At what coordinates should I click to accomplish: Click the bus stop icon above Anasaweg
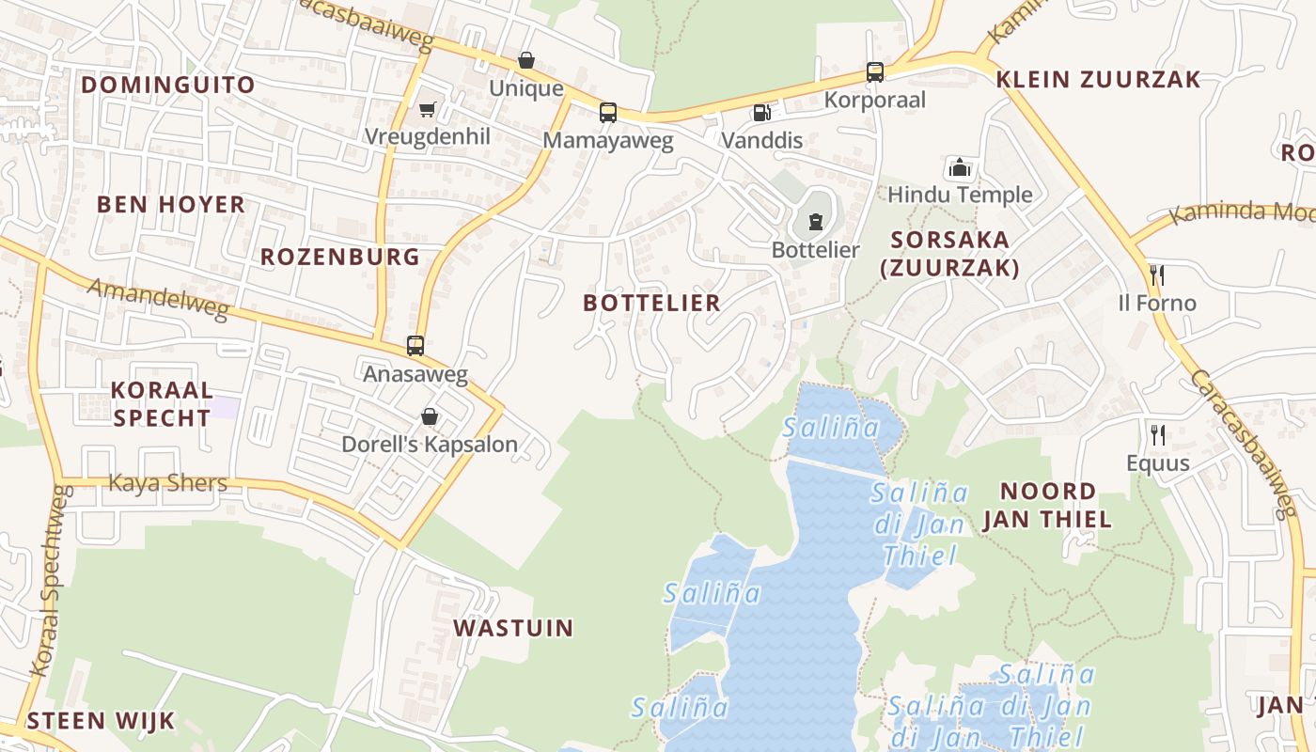(415, 345)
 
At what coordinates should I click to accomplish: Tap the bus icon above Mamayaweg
(608, 113)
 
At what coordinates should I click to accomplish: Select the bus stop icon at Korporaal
(875, 71)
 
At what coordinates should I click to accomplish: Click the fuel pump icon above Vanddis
(761, 113)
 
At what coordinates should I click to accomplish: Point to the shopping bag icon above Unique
(526, 60)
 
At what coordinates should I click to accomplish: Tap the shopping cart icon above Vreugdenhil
(428, 109)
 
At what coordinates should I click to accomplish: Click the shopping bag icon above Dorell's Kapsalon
(430, 415)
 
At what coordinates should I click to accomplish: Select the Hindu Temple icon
(960, 167)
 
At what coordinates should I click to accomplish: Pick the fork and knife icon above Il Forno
(1157, 274)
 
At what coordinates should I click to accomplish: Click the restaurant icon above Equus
(1158, 434)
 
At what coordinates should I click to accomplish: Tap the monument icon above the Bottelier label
(815, 223)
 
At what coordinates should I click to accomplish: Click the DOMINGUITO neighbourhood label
(167, 85)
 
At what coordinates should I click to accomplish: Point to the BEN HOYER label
(170, 204)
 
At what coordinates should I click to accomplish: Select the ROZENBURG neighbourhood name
(339, 257)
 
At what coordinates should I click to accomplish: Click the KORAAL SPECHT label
(162, 404)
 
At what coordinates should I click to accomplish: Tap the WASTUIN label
(513, 628)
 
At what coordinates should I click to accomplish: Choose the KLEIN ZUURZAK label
(1098, 79)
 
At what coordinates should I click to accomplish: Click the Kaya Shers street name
(168, 483)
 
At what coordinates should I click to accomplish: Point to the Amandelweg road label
(158, 299)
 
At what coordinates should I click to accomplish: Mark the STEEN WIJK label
(101, 721)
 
